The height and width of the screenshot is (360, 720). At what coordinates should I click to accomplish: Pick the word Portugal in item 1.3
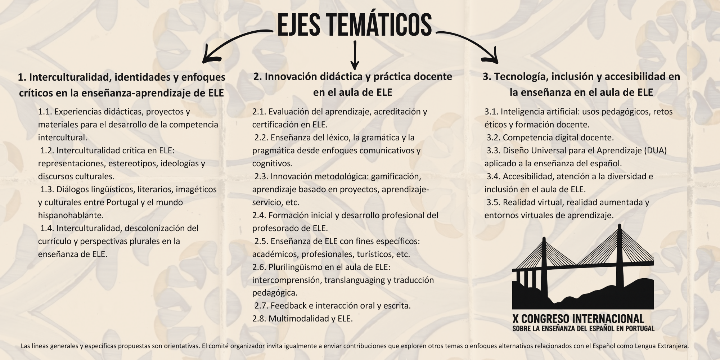122,202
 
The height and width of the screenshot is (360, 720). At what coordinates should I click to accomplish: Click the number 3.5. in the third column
494,202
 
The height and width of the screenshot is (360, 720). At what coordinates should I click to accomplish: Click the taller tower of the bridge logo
620,266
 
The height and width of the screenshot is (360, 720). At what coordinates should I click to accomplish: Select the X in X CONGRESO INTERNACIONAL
516,319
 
